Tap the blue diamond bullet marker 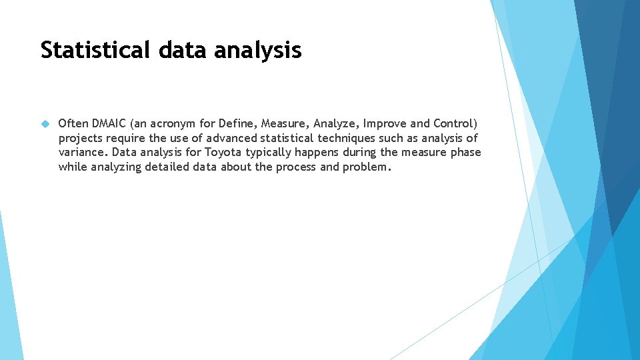[x=45, y=124]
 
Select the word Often [x=73, y=123]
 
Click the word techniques [x=346, y=139]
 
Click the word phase [x=465, y=153]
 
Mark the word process [x=295, y=167]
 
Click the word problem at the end [x=365, y=167]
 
